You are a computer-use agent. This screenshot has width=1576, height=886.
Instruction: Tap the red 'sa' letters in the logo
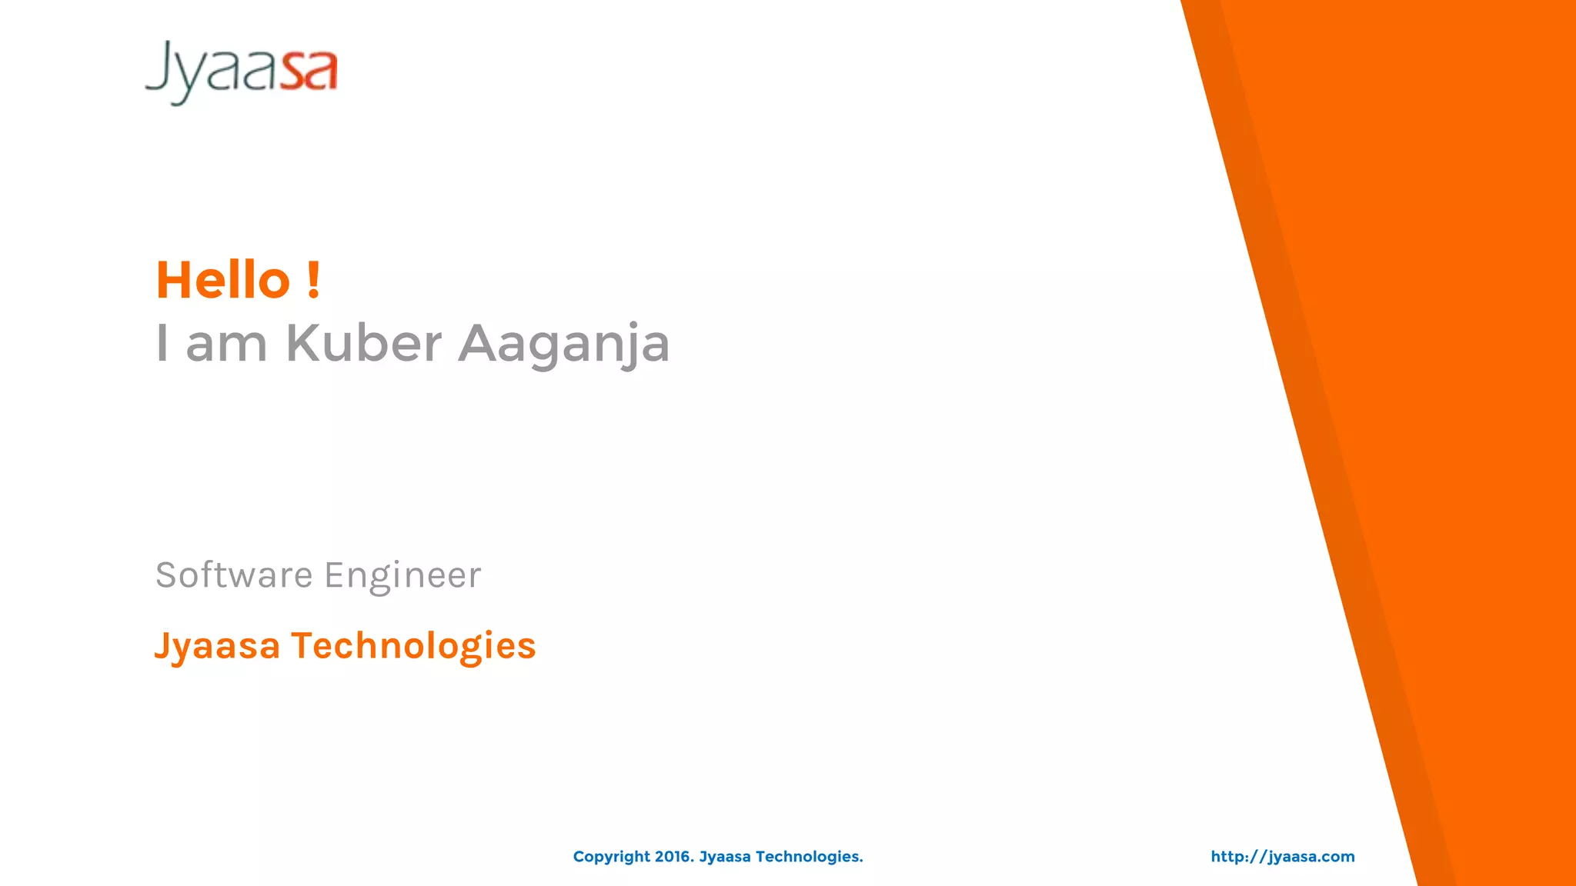point(309,72)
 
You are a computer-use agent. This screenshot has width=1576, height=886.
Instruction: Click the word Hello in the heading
point(223,280)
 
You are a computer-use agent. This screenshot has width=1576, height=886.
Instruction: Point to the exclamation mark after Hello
point(312,280)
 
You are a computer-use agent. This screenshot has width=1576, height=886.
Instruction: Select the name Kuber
point(364,343)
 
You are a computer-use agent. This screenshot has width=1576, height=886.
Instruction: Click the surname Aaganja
point(564,345)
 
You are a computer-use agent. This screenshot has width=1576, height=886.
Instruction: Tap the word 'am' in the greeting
point(226,345)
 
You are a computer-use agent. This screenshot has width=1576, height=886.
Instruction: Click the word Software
point(234,575)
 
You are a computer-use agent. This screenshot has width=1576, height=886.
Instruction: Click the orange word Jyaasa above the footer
point(217,646)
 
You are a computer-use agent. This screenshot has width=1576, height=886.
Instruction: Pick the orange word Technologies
point(413,646)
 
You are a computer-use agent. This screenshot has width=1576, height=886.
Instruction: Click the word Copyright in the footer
point(612,857)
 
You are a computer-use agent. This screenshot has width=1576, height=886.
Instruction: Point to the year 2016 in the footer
point(674,857)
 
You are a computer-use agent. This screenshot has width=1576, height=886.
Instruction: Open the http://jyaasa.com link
point(1283,857)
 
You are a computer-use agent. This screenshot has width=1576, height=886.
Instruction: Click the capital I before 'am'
point(162,343)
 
